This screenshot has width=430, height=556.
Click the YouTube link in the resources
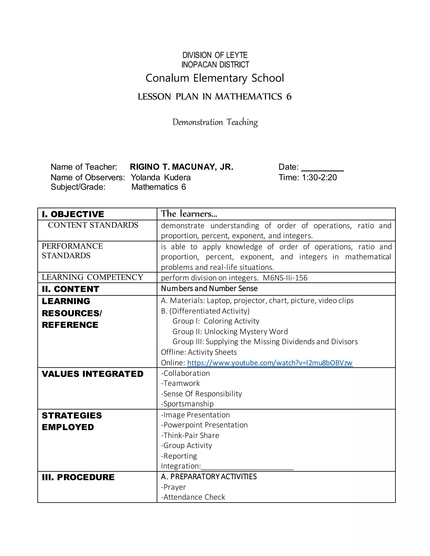click(x=270, y=363)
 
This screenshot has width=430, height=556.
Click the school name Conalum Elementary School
click(x=215, y=78)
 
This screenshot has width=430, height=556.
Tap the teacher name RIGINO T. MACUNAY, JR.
click(x=181, y=167)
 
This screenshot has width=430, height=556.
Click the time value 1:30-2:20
click(x=319, y=178)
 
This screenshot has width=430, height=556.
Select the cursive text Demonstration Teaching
click(x=215, y=122)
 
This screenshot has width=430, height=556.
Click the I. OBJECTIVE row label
click(x=73, y=214)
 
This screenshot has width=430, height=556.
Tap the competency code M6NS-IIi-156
click(x=285, y=278)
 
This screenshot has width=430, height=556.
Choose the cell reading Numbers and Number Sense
click(x=209, y=288)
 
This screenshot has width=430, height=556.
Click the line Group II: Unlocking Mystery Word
click(x=230, y=332)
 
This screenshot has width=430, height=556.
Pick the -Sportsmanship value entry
click(x=187, y=404)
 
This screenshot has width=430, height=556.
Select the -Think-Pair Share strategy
click(x=190, y=435)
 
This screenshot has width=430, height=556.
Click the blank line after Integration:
click(x=247, y=467)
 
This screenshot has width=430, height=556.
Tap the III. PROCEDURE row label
click(x=78, y=477)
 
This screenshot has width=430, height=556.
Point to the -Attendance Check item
click(x=193, y=497)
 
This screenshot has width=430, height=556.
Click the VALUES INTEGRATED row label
click(x=92, y=374)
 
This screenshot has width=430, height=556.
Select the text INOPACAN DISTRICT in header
click(x=215, y=65)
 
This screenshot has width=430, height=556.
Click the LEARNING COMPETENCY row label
click(x=92, y=277)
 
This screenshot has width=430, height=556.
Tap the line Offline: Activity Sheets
click(x=199, y=352)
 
